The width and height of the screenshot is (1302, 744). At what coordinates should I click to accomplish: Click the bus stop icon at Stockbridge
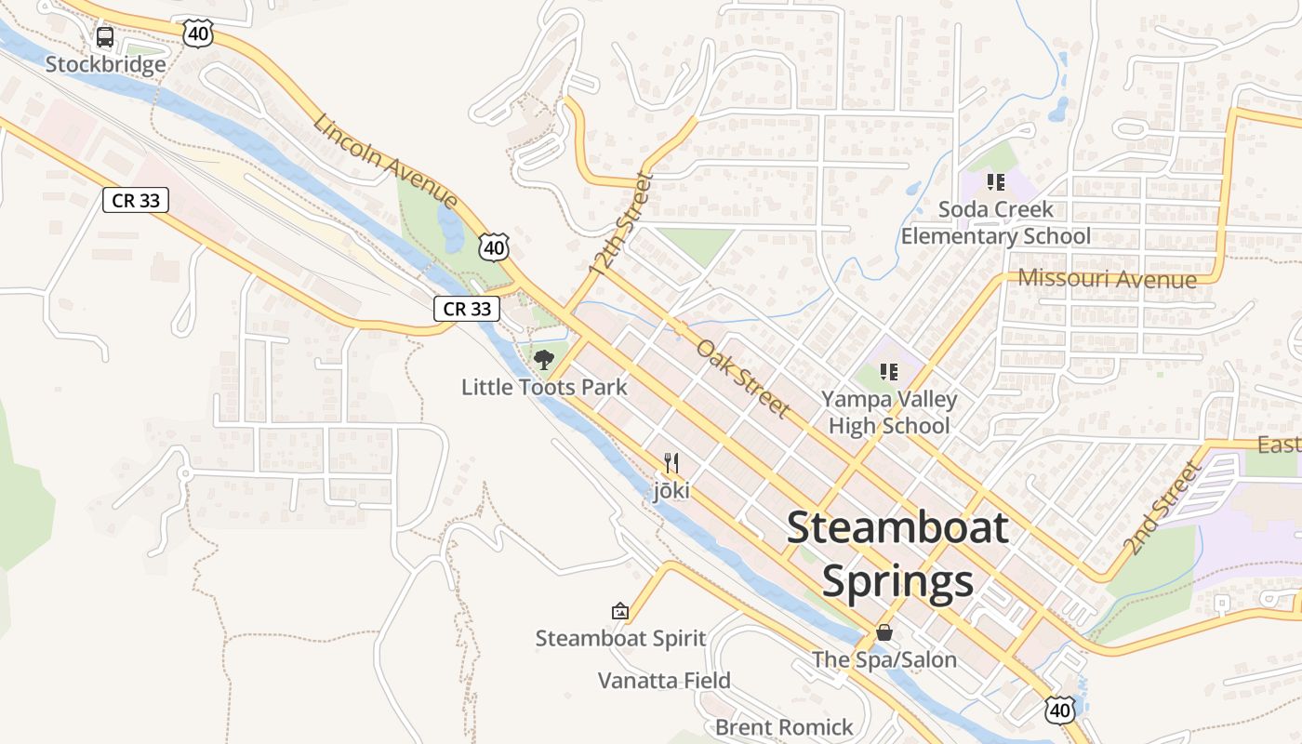pos(105,37)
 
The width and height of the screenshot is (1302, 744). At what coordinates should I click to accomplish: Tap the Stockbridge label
pos(105,64)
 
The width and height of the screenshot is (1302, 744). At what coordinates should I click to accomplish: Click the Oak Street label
pos(743,378)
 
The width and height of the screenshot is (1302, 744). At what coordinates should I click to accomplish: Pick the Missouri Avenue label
pos(1107,278)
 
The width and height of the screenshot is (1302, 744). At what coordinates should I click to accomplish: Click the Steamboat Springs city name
pos(897,554)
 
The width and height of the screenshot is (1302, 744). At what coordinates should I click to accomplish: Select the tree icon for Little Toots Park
pos(544,359)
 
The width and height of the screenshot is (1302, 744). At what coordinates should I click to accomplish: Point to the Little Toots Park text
pos(544,387)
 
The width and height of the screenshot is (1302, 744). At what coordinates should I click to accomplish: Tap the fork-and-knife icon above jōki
pos(671,462)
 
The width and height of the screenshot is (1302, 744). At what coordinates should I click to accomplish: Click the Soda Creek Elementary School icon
pos(996,182)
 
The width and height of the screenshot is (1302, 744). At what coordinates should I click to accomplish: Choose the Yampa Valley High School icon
pos(889,372)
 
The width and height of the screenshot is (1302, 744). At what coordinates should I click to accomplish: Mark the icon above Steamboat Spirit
pos(620,611)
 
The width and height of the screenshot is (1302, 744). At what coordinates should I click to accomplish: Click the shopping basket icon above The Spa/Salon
pos(884,632)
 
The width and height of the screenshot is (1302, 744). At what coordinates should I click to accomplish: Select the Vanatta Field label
pos(664,681)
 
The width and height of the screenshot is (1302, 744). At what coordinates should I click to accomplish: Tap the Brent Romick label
pos(784,726)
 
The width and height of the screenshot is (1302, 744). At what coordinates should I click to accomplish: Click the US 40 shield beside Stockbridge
pos(199,34)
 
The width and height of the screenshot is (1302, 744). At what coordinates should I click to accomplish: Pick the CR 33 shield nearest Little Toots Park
pos(467,309)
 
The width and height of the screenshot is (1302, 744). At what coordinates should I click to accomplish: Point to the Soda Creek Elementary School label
pos(995,222)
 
